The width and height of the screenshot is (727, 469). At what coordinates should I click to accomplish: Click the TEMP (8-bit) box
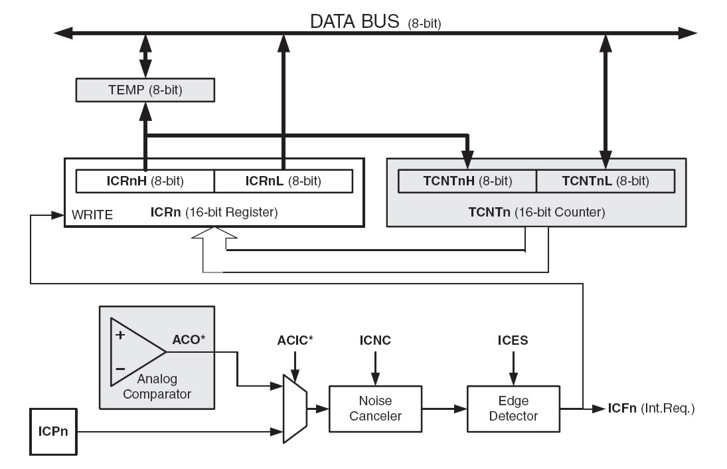tap(145, 90)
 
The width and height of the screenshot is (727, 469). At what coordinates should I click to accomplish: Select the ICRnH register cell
tap(145, 181)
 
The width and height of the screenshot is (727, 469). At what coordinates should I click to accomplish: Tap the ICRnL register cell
tap(283, 181)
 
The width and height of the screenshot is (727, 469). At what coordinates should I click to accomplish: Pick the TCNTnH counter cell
tap(467, 181)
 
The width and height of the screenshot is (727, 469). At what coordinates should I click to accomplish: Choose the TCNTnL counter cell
tap(605, 181)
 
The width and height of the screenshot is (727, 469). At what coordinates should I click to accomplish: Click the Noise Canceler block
tap(375, 409)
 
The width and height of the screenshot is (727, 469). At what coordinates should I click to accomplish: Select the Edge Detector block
tap(513, 409)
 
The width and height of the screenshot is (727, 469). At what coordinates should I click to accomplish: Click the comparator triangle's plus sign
tap(120, 335)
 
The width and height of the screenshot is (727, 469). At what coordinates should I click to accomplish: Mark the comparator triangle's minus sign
tap(120, 367)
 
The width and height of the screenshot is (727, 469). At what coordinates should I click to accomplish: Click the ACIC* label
tap(295, 341)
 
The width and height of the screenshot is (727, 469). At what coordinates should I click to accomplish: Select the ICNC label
tap(375, 341)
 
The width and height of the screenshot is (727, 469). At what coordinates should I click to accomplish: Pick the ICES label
tap(513, 341)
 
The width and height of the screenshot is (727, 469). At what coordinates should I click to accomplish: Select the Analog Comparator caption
tap(157, 387)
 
